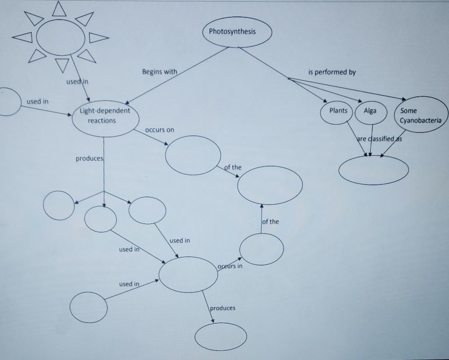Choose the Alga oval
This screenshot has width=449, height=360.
[371, 112]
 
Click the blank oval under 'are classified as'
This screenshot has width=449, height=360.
[373, 169]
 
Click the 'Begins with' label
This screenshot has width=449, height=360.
[159, 72]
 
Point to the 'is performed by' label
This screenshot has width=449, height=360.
[332, 72]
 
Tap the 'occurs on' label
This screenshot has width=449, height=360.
[159, 130]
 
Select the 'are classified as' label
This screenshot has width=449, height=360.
[378, 139]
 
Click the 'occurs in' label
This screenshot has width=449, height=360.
[230, 266]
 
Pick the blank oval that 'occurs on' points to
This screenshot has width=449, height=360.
[193, 155]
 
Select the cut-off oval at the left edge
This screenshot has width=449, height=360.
[9, 101]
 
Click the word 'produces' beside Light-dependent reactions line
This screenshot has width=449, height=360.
[89, 159]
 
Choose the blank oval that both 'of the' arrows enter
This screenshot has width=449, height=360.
[270, 185]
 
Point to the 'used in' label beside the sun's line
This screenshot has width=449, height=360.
[77, 81]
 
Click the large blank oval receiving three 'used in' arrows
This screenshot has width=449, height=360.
[188, 274]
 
